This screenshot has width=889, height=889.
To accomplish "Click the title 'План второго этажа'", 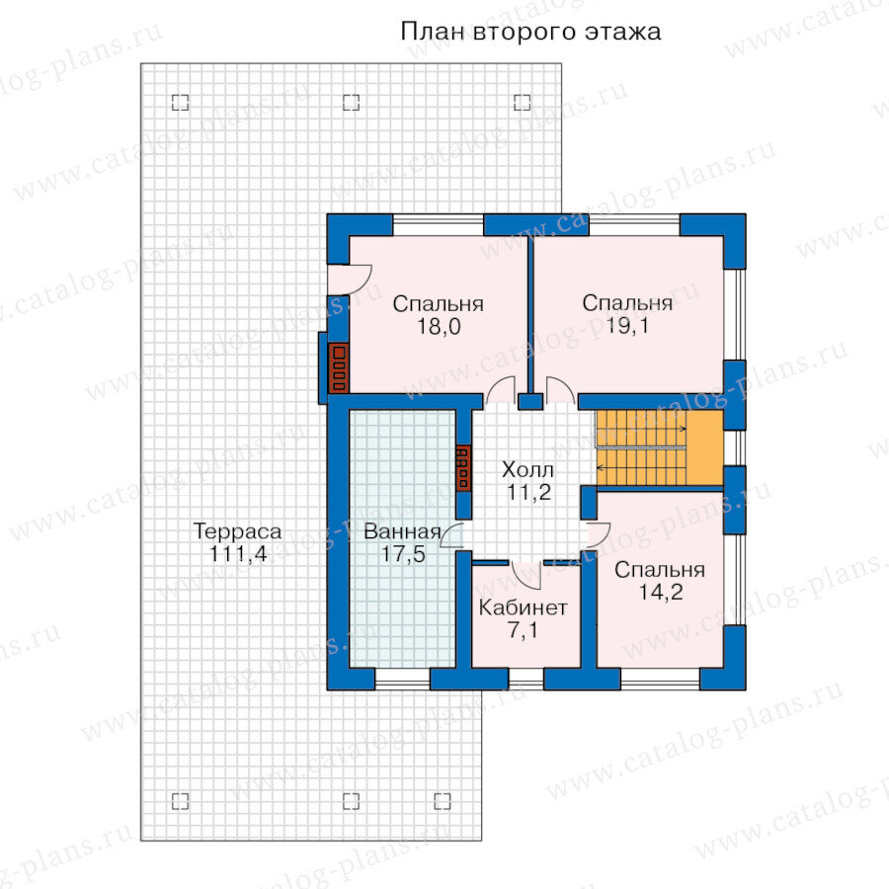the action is [x=530, y=32].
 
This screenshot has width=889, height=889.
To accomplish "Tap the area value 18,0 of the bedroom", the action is [x=439, y=327].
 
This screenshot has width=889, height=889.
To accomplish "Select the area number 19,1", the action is [x=627, y=325].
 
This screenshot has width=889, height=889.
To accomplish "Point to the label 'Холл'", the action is [x=527, y=469].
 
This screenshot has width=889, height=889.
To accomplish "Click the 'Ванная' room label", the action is [x=402, y=531].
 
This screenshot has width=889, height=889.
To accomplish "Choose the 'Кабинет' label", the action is [x=523, y=607].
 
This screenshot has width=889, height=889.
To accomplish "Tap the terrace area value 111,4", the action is [x=238, y=553].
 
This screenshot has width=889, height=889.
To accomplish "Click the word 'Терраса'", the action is [x=237, y=531].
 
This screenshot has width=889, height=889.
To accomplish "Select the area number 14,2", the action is [x=661, y=592].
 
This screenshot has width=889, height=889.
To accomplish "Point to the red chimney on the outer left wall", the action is [x=339, y=368].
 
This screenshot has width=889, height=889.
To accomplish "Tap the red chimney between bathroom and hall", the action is [x=463, y=468].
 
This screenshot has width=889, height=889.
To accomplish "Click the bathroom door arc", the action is [x=451, y=535].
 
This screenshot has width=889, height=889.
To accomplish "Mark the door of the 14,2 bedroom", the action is [x=599, y=535].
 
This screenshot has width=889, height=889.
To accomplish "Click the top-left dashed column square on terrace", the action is [x=181, y=102].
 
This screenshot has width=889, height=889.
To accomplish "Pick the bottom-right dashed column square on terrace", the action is [x=443, y=801].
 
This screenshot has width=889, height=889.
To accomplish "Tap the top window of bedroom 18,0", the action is [x=439, y=225].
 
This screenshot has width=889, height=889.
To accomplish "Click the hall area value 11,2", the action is [x=528, y=492].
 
